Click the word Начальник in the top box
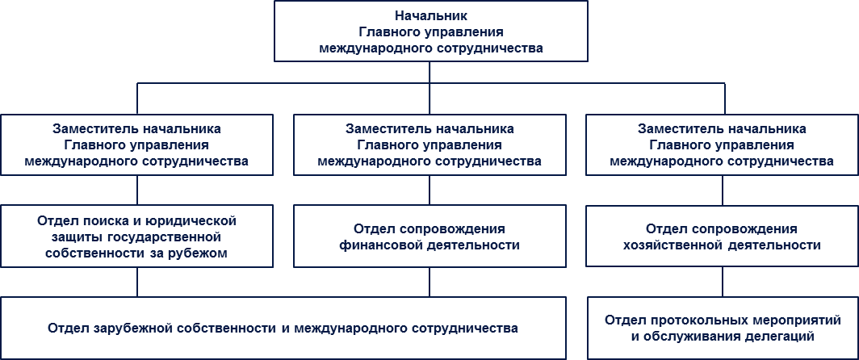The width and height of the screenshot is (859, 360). tap(430, 15)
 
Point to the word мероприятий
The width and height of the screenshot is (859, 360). tap(765, 320)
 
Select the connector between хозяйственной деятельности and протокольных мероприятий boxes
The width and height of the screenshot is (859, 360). tap(723, 282)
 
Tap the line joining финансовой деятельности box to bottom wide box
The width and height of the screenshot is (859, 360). tap(429, 282)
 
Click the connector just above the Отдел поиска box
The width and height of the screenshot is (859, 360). tap(137, 190)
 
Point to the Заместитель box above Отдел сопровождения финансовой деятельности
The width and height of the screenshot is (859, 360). tap(429, 144)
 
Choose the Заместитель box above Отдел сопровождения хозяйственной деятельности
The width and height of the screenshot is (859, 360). tap(722, 144)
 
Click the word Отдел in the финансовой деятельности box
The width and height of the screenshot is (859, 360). tap(371, 228)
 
